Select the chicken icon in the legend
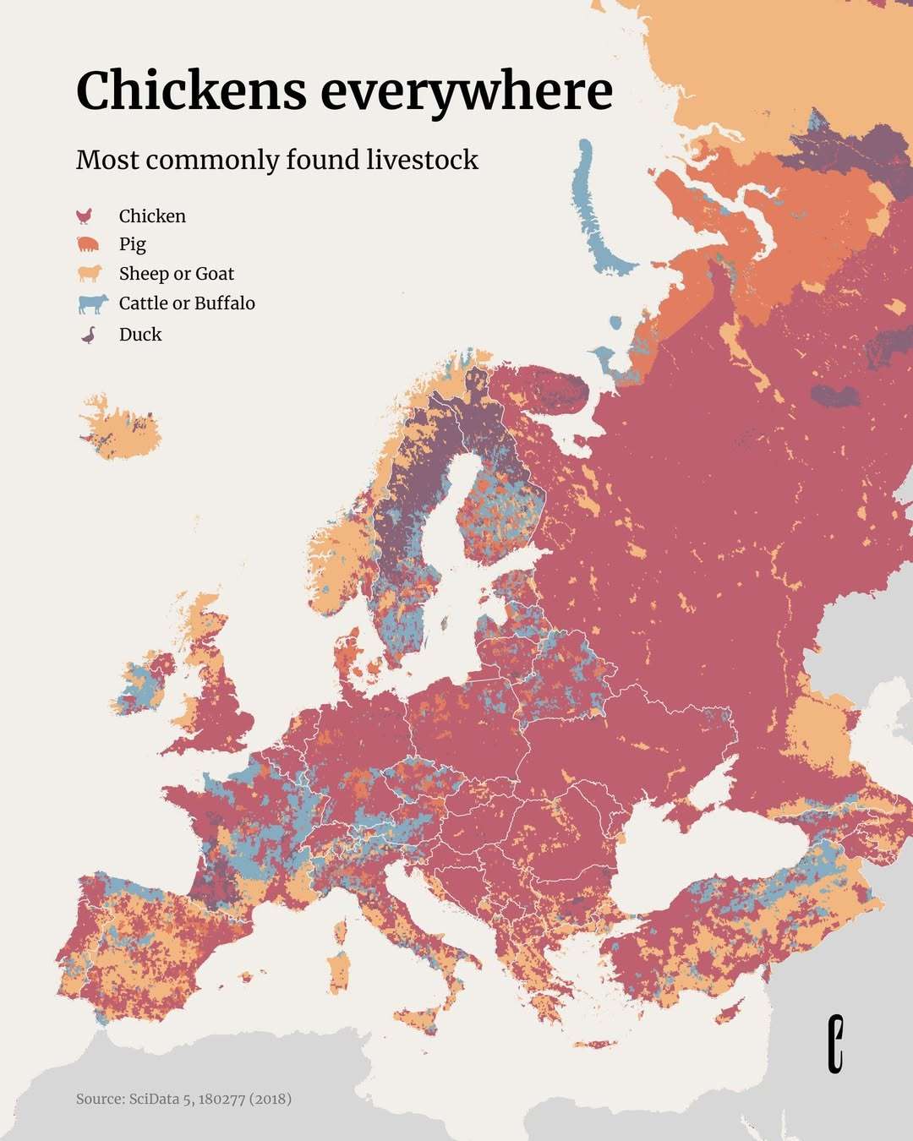(85, 216)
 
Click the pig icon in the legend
(88, 245)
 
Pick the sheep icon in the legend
(89, 274)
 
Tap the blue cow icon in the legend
(92, 303)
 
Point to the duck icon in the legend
(88, 335)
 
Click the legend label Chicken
(152, 216)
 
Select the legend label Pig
(133, 244)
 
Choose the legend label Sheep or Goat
(177, 274)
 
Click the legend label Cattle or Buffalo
(187, 303)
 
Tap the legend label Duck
(140, 335)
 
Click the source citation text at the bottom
(183, 1099)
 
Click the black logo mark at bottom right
(835, 1044)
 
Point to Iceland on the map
(118, 431)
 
